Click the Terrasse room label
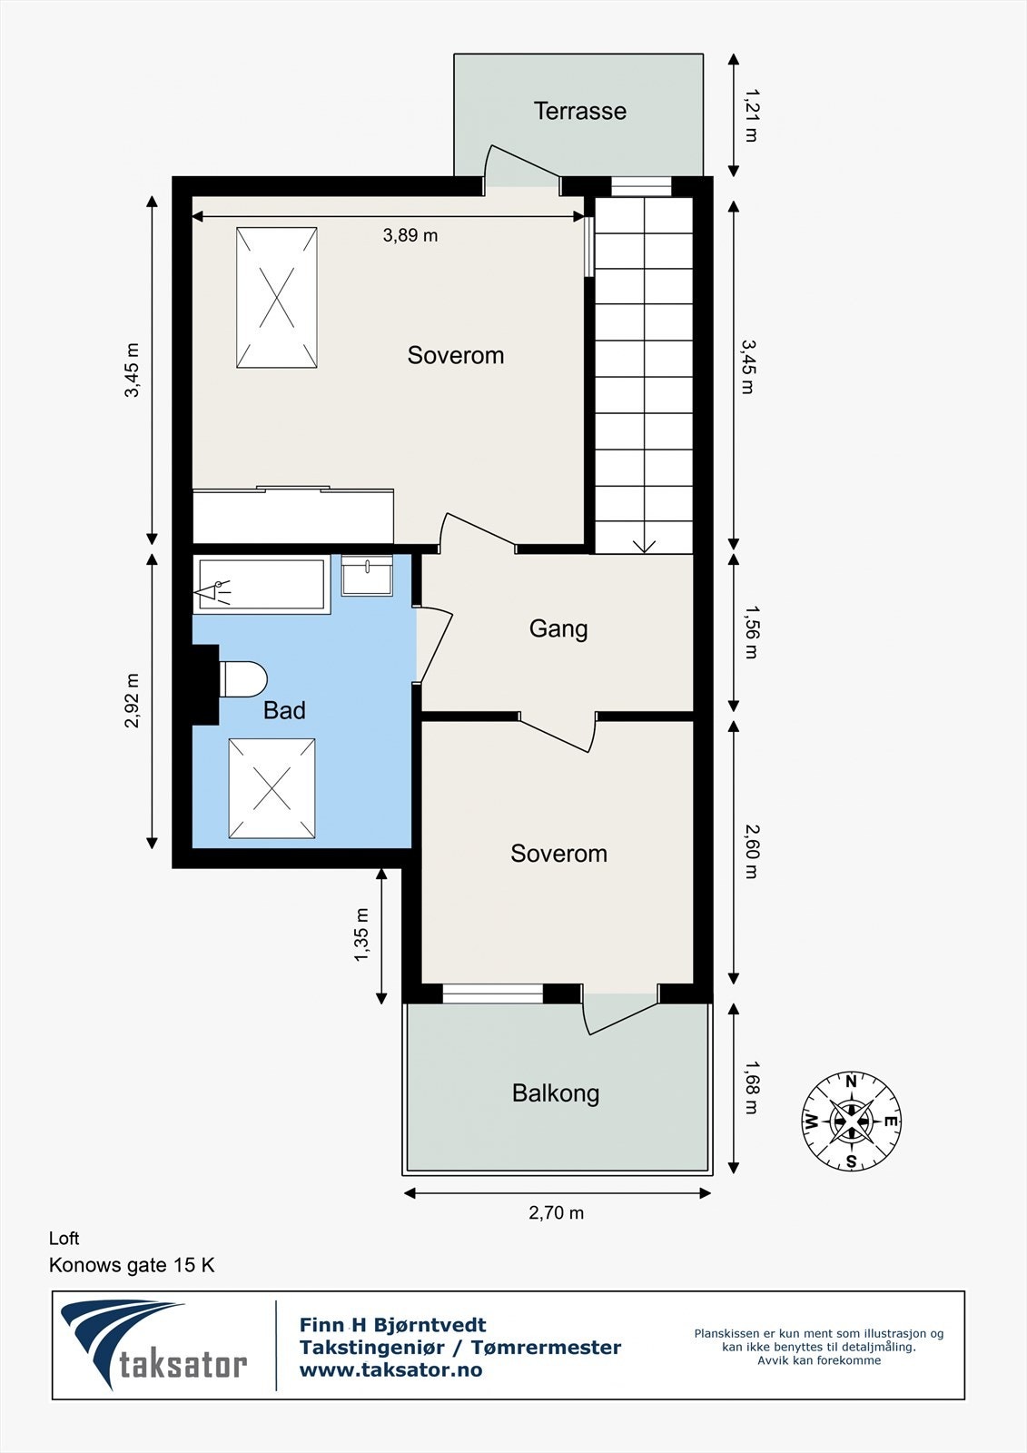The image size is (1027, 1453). [x=579, y=111]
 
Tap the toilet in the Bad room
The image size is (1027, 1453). [x=242, y=678]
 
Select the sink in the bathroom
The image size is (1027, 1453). [x=367, y=576]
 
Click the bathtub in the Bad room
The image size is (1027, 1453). [x=262, y=587]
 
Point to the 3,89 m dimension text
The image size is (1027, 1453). [x=410, y=235]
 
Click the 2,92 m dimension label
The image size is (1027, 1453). [x=133, y=700]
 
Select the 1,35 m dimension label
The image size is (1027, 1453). [x=361, y=934]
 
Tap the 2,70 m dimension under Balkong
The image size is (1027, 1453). [x=556, y=1212]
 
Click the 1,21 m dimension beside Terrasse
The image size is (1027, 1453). [x=750, y=114]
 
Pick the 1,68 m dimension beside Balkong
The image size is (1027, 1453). [x=750, y=1087]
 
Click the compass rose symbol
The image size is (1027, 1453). [x=851, y=1121]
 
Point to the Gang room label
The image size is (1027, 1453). [x=558, y=628]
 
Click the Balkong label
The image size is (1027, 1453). [x=556, y=1092]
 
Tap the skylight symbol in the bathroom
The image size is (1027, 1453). [x=272, y=788]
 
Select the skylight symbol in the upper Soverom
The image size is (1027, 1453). [x=277, y=298]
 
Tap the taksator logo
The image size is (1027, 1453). [x=154, y=1345]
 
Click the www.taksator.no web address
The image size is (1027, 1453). [x=390, y=1370]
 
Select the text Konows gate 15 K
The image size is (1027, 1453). [x=132, y=1265]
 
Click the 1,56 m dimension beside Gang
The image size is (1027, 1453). [x=750, y=632]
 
